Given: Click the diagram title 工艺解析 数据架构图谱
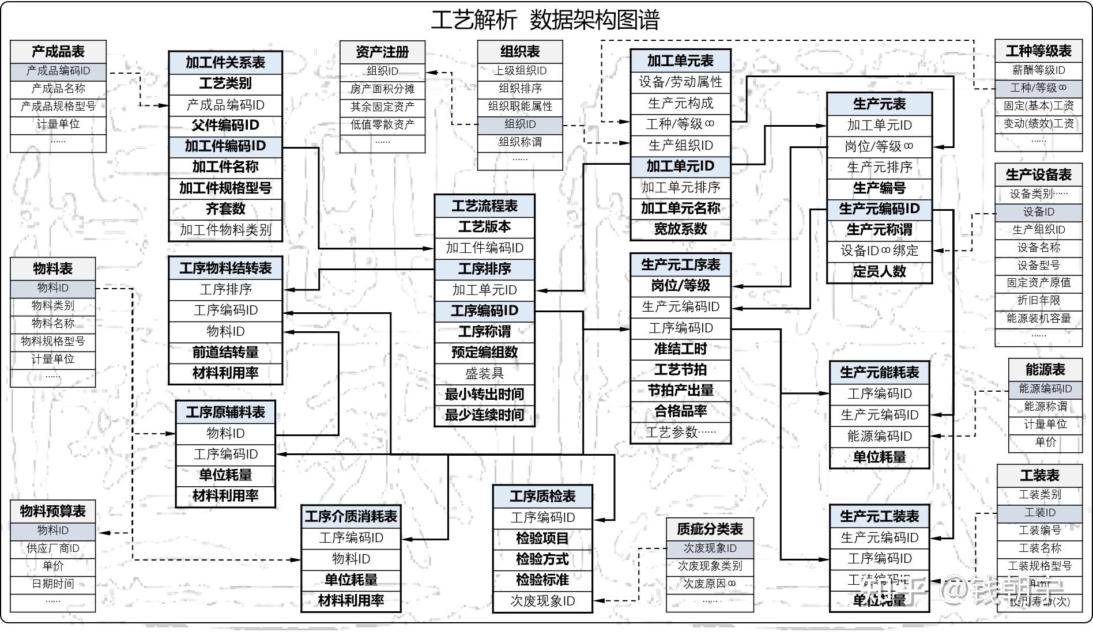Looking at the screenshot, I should [545, 20].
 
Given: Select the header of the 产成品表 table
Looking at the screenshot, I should [58, 52].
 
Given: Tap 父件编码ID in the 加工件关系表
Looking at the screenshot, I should [225, 126].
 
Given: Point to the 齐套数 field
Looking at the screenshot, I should [225, 209].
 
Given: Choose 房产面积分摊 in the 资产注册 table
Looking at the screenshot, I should [382, 89].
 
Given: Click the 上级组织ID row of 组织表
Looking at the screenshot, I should [520, 71].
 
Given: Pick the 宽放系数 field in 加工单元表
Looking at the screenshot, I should [680, 229].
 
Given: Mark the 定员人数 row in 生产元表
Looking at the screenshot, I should [879, 272].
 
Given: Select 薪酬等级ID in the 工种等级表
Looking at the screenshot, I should [1038, 70].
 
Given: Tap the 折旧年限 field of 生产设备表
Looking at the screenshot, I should [1038, 301].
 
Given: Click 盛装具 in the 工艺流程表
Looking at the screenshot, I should [484, 374].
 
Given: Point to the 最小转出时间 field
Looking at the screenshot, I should [484, 395].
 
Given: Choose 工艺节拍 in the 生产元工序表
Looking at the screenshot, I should [680, 370].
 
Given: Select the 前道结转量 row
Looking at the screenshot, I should [225, 353].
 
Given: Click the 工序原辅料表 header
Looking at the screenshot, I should [225, 412].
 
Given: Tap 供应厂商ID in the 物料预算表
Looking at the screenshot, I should [53, 548].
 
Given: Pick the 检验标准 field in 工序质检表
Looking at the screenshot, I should [542, 580].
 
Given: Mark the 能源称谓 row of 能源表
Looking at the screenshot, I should [1045, 407].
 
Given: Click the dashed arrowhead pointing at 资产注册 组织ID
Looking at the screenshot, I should [429, 73].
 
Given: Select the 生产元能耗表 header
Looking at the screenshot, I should [879, 373].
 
